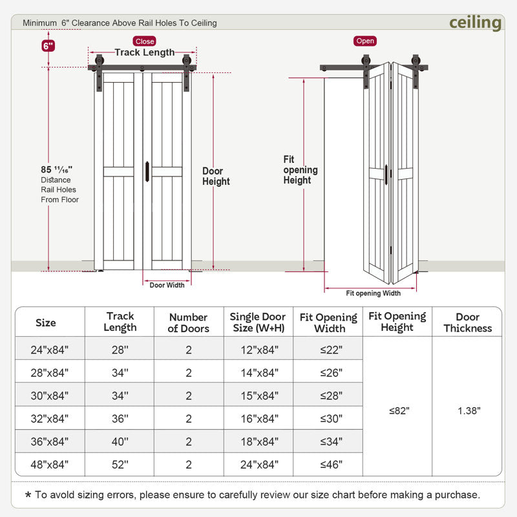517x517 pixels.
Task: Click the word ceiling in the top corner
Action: (x=475, y=23)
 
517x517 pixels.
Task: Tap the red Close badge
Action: (x=145, y=41)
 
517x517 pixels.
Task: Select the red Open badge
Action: (x=365, y=41)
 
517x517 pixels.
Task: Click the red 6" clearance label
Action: (x=48, y=46)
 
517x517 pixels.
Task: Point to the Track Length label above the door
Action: (x=144, y=52)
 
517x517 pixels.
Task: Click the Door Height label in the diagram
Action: (x=216, y=176)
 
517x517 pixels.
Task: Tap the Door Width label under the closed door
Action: (x=167, y=285)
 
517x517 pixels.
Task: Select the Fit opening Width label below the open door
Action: (x=373, y=293)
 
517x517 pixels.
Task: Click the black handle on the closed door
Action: (x=148, y=171)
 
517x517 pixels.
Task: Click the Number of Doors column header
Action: (x=188, y=322)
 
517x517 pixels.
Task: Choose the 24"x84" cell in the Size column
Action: (x=50, y=350)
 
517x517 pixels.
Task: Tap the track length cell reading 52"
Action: (x=120, y=464)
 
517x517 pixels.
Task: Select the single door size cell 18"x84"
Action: (x=258, y=441)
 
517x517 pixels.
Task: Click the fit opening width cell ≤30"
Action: (x=328, y=418)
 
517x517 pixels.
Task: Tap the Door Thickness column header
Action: (x=467, y=322)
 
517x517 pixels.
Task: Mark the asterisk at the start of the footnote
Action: (x=28, y=496)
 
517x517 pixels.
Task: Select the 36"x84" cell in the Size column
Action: (x=50, y=441)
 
